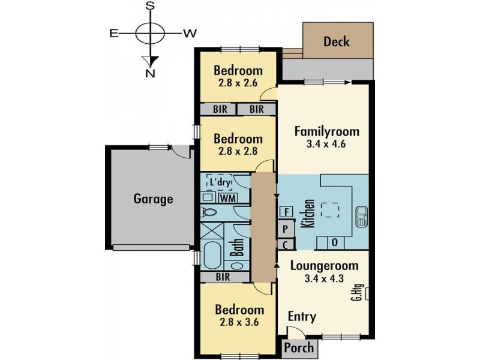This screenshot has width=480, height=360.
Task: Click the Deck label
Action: pos(337,42)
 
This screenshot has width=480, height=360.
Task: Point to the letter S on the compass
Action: pos(151,6)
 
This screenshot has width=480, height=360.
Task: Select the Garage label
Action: pos(153,199)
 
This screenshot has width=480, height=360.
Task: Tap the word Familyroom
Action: pos(326,131)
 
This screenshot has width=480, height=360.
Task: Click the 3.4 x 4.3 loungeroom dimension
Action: pos(325,278)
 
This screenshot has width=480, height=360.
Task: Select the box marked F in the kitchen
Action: pos(286,211)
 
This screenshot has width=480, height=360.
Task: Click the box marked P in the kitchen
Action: pos(286,229)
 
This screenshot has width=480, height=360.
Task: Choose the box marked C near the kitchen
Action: pos(286,244)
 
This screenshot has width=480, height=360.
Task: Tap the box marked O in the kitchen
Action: pos(334,242)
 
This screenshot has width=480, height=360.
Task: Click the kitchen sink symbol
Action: pos(361,217)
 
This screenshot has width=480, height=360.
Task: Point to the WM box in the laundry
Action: pos(227,197)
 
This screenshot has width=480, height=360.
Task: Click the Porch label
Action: pos(299,347)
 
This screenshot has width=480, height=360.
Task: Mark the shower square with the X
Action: pos(211,231)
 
